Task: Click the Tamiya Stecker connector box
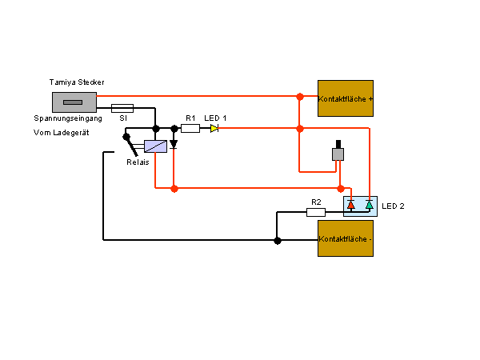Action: (x=74, y=102)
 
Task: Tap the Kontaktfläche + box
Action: (x=346, y=98)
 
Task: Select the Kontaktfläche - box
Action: (x=346, y=238)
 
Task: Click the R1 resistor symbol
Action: (x=190, y=128)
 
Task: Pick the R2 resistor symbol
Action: (x=316, y=212)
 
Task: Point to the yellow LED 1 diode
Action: (x=214, y=128)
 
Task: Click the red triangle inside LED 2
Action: (x=351, y=205)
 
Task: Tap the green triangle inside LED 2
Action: (x=369, y=205)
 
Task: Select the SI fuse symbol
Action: (x=122, y=108)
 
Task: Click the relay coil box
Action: (x=155, y=146)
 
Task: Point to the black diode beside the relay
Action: (x=174, y=144)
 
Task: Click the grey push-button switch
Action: (x=338, y=151)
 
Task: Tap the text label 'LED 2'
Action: (x=393, y=206)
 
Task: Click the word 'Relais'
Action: (x=138, y=162)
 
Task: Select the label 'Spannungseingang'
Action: (x=68, y=118)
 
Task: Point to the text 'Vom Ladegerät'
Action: (x=62, y=133)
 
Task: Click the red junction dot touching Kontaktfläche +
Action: (x=300, y=97)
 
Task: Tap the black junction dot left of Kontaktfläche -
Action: (x=278, y=241)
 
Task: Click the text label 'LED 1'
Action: (x=215, y=118)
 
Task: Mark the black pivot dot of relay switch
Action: (x=126, y=137)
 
